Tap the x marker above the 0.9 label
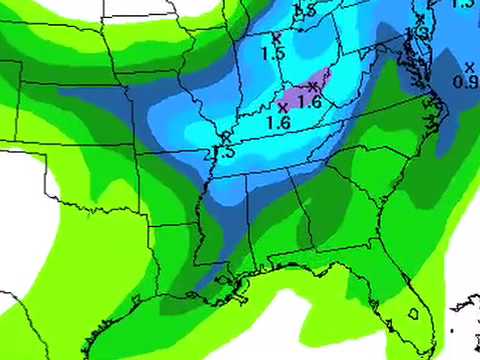click(469, 66)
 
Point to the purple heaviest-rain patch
click(319, 83)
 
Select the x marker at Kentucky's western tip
click(226, 137)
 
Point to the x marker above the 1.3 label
click(421, 18)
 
